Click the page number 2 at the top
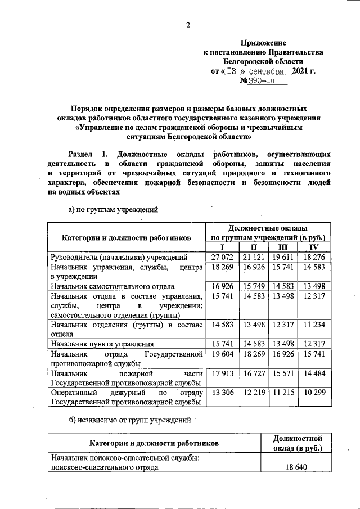pos(188,25)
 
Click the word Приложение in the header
pos(263,43)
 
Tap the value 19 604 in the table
pos(222,354)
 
